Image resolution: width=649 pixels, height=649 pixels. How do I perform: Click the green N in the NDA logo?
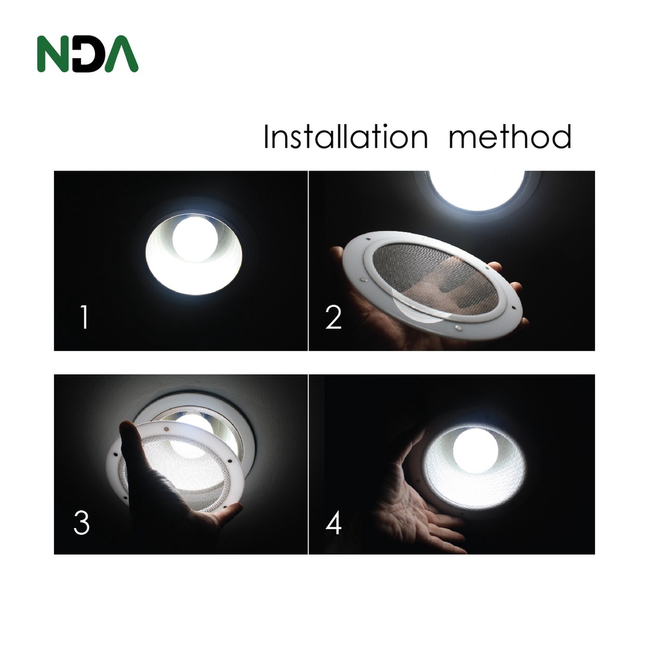(x=54, y=55)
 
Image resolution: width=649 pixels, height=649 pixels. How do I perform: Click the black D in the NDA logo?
(x=88, y=55)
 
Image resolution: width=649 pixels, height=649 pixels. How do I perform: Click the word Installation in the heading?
(x=345, y=136)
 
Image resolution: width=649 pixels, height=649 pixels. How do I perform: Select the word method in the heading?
(x=510, y=136)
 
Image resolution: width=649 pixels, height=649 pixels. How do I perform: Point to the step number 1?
(x=84, y=317)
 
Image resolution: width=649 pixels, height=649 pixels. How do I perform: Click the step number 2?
(x=333, y=317)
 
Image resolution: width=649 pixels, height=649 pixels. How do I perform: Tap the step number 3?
(x=82, y=522)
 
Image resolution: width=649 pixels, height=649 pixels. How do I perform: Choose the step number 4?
(x=333, y=522)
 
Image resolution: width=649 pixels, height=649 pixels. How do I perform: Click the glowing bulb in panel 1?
(x=195, y=240)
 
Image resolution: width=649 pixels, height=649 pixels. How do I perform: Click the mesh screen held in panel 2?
(x=435, y=274)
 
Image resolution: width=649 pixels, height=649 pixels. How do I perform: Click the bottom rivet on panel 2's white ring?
(x=459, y=328)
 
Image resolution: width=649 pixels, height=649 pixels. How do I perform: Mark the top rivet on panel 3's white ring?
(x=167, y=429)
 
